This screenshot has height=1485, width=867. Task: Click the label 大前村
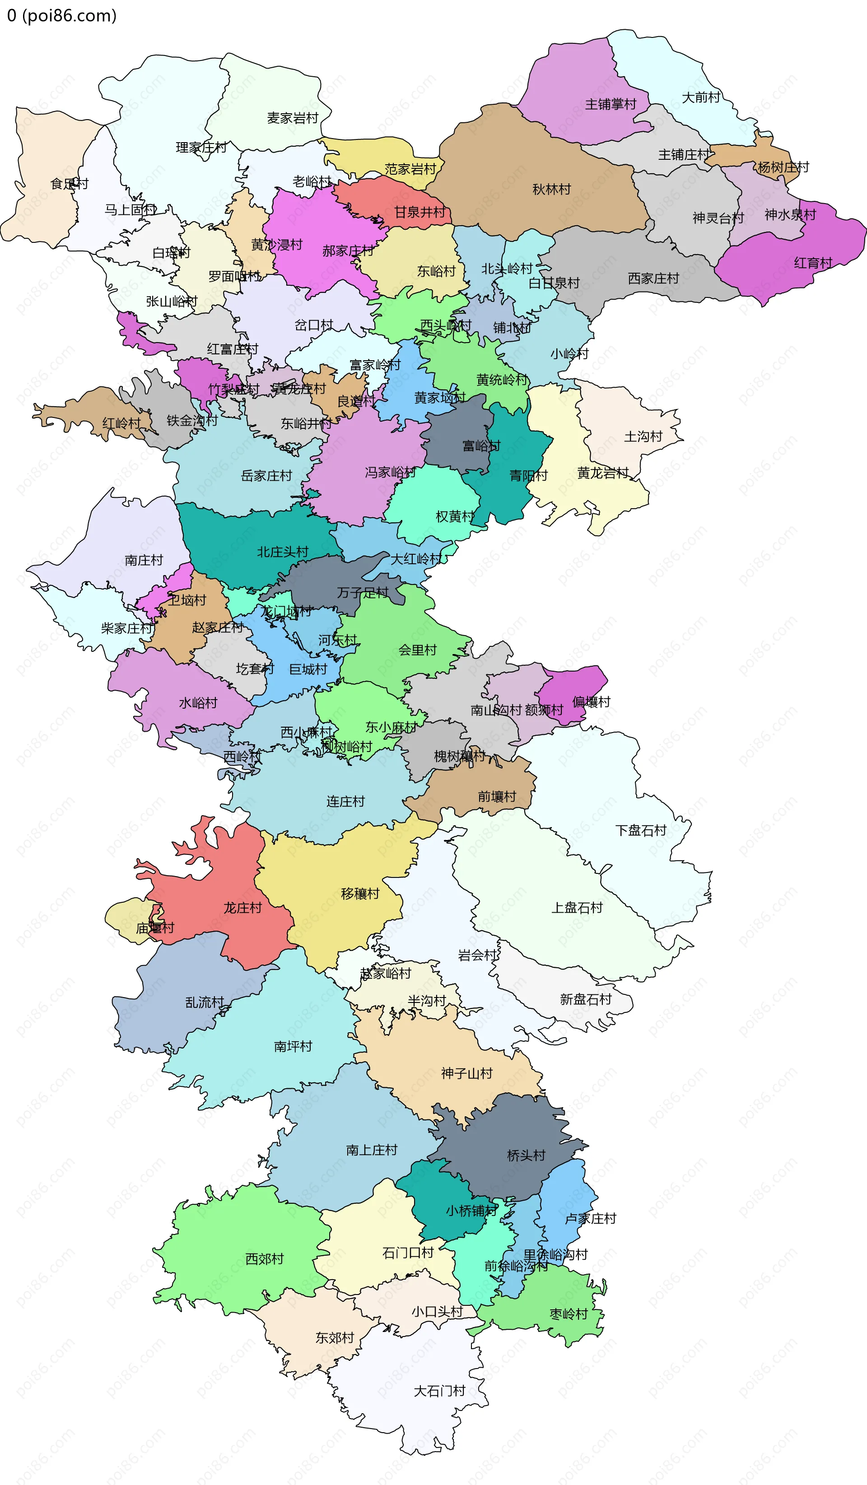tap(701, 97)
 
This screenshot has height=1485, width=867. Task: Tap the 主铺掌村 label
tap(610, 104)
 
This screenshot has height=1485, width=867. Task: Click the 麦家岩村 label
tap(292, 118)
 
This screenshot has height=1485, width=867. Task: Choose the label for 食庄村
tap(69, 184)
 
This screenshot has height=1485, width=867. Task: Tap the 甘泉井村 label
tap(419, 212)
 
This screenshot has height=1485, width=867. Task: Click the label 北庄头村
tap(282, 552)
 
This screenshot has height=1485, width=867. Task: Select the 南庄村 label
tap(143, 560)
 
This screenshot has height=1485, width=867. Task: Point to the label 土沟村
tap(643, 436)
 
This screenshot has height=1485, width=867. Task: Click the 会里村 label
tap(417, 650)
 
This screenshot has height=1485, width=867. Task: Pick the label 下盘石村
tap(641, 831)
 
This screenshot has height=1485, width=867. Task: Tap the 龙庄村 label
tap(242, 908)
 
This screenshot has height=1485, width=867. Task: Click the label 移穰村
tap(359, 893)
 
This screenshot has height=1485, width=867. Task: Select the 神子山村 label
tap(466, 1073)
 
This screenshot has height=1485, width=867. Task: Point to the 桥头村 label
tap(526, 1156)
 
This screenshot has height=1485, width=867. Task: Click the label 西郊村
tap(264, 1259)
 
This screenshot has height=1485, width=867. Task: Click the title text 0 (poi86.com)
tap(62, 15)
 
